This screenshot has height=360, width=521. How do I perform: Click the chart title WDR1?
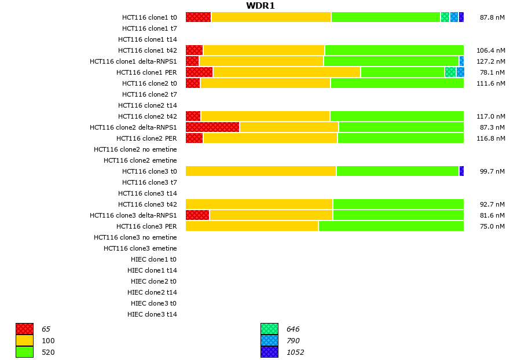tap(260, 6)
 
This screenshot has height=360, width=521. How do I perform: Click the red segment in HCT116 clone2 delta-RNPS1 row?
tap(212, 127)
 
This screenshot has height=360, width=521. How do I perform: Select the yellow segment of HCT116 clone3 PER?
tap(252, 226)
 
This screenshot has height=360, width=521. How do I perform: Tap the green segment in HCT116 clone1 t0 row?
tap(386, 17)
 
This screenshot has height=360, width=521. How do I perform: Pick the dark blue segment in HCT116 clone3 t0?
tap(461, 171)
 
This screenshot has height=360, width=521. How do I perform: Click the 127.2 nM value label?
tap(490, 61)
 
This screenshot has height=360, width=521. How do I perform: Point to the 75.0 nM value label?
tap(492, 226)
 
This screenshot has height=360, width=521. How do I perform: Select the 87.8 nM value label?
tap(492, 17)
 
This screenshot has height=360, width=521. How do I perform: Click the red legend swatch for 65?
tap(24, 329)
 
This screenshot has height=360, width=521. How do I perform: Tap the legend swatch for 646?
tap(269, 329)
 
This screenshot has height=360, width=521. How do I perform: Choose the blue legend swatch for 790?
tap(269, 341)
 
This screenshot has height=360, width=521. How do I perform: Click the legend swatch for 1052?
tap(269, 352)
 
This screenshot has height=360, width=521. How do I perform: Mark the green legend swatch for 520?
tap(24, 352)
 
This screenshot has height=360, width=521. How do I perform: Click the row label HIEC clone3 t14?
tap(152, 314)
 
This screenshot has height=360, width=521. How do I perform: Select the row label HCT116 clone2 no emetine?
tap(135, 149)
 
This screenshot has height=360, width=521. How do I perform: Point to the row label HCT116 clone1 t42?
tap(148, 50)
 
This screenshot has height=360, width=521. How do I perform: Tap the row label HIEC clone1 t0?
tap(154, 259)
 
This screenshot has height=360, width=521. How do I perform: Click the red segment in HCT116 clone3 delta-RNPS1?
tap(197, 215)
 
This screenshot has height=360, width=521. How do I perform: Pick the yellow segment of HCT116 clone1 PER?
tap(287, 72)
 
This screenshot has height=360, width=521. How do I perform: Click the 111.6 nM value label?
tap(490, 83)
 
